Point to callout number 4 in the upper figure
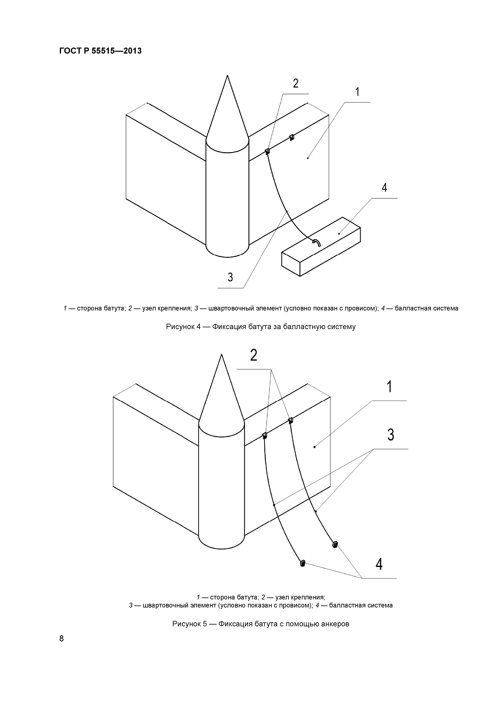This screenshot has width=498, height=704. tap(384, 188)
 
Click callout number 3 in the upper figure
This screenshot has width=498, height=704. tap(230, 277)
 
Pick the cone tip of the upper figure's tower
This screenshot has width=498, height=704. tap(227, 77)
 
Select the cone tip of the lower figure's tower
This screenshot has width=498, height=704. tap(221, 356)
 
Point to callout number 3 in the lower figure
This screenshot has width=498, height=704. tap(390, 435)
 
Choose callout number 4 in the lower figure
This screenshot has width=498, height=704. tap(379, 564)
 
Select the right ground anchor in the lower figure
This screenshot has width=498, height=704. tap(335, 545)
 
